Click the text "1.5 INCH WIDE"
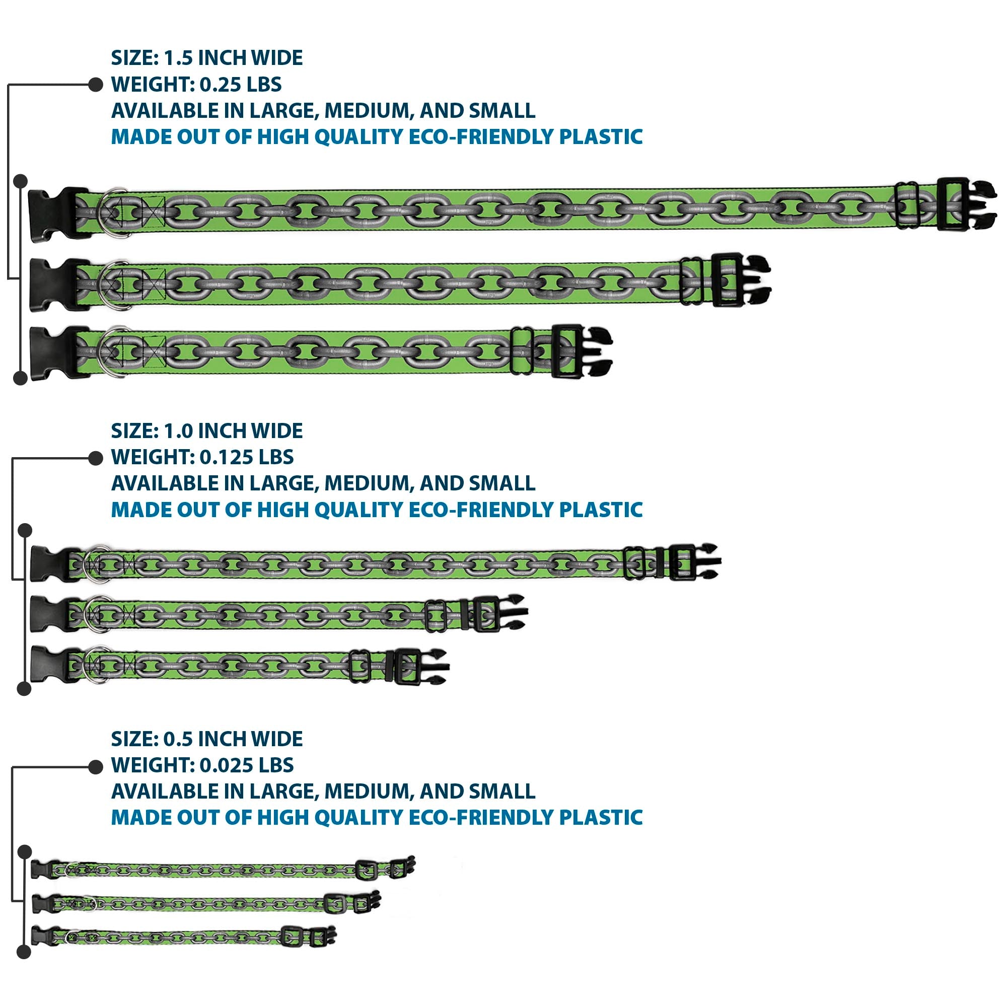[233, 58]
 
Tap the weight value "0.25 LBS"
[241, 85]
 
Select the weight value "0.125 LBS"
[247, 457]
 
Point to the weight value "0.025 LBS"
[247, 765]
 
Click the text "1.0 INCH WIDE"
[233, 431]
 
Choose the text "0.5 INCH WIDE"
[233, 739]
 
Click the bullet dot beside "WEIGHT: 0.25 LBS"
[96, 85]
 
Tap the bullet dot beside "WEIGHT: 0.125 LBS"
[96, 458]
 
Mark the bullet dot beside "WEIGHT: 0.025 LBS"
[96, 767]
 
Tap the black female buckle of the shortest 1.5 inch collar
[52, 352]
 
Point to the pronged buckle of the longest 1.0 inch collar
[698, 562]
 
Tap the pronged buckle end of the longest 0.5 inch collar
[404, 867]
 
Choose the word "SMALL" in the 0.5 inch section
[502, 791]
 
